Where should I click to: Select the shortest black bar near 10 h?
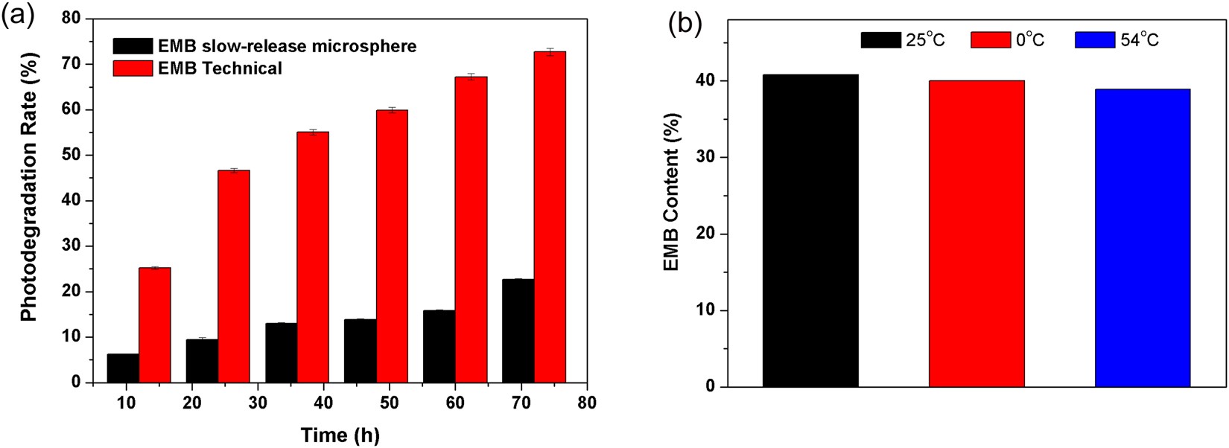pyautogui.click(x=123, y=368)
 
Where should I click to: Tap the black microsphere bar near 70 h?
pyautogui.click(x=518, y=331)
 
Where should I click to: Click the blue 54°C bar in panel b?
pyautogui.click(x=1142, y=238)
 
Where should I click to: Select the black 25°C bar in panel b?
pyautogui.click(x=810, y=231)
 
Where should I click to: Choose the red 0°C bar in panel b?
pyautogui.click(x=976, y=234)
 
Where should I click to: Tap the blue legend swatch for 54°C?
pyautogui.click(x=1094, y=40)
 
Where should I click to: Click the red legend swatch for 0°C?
pyautogui.click(x=990, y=40)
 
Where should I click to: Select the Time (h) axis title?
pyautogui.click(x=340, y=435)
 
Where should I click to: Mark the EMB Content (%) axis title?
pyautogui.click(x=672, y=192)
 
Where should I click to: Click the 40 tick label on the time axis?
pyautogui.click(x=323, y=403)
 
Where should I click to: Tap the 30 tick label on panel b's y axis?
pyautogui.click(x=704, y=157)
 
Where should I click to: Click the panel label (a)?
pyautogui.click(x=18, y=16)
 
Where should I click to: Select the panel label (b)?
pyautogui.click(x=685, y=24)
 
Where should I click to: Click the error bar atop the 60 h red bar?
pyautogui.click(x=471, y=76)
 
